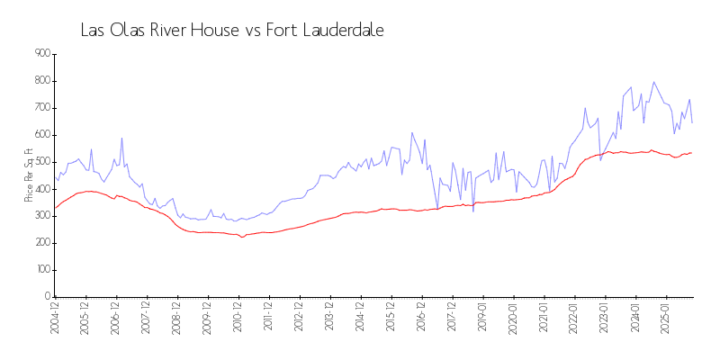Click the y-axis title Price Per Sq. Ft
pos(29,175)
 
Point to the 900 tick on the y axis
pos(42,54)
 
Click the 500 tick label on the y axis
pos(42,162)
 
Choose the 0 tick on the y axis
pos(47,297)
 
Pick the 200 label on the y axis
pos(42,243)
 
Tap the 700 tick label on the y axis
pos(42,108)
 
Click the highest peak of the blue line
pos(654,82)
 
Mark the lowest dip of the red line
pos(241,237)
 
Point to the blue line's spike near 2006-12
pos(121,139)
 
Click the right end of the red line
pos(691,153)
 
